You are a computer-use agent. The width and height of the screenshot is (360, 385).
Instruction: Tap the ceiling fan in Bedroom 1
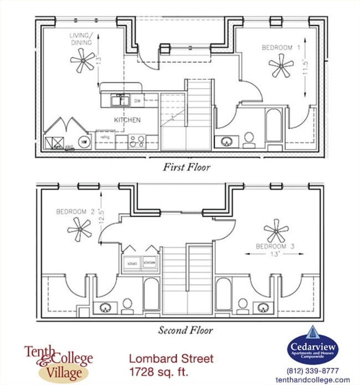pyautogui.click(x=281, y=65)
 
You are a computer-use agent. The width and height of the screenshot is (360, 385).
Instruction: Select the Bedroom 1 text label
pyautogui.click(x=281, y=48)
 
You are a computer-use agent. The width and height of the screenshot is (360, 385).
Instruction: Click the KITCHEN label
pyautogui.click(x=127, y=120)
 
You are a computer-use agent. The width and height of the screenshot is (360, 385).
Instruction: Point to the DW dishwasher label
pyautogui.click(x=137, y=101)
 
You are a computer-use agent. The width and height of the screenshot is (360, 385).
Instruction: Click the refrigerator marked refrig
pyautogui.click(x=105, y=137)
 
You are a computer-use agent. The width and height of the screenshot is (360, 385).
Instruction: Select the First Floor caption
pyautogui.click(x=187, y=167)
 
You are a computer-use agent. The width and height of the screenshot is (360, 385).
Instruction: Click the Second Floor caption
pyautogui.click(x=185, y=331)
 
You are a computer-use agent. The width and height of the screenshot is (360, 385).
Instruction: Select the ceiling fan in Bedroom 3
pyautogui.click(x=275, y=230)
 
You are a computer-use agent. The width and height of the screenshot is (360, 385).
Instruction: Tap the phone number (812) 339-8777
pyautogui.click(x=313, y=371)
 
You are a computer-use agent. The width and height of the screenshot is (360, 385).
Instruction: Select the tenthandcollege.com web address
pyautogui.click(x=313, y=379)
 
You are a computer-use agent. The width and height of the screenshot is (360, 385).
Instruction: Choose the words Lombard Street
pyautogui.click(x=171, y=358)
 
